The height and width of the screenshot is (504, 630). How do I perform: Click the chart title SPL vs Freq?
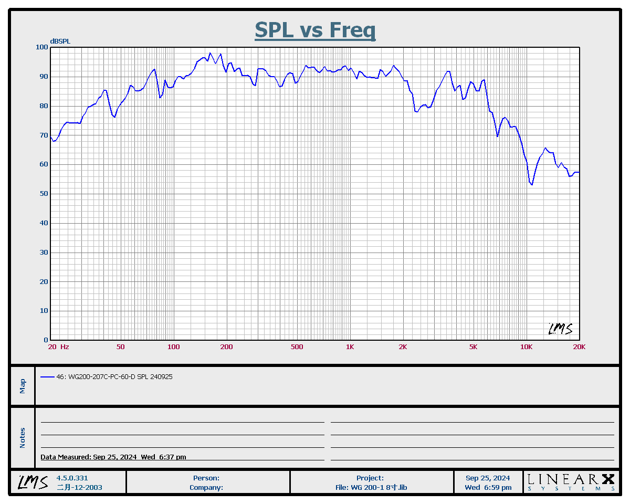pos(315,30)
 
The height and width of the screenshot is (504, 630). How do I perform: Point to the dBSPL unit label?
pos(60,41)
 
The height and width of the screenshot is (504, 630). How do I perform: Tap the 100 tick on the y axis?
pos(41,47)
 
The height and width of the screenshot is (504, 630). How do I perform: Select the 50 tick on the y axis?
pos(44,194)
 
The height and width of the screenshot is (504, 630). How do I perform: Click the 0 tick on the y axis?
pos(46,340)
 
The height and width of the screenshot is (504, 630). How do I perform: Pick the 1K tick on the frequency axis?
pos(350,347)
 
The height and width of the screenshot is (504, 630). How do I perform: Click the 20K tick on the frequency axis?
pos(579,347)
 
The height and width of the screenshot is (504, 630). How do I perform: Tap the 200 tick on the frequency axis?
pos(226,347)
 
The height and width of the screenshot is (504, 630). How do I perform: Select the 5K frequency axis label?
pos(473,347)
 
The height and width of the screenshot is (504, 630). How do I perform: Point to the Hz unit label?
pos(65,347)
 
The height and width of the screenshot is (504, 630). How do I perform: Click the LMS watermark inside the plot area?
pos(560,329)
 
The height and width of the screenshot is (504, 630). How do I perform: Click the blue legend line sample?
pos(47,377)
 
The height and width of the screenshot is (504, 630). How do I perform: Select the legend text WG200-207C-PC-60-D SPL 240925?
pos(114,377)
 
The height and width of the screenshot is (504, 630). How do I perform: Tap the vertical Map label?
pos(23,386)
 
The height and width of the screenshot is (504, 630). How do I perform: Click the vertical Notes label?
pos(23,438)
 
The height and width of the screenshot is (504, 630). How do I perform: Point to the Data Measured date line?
pos(113,457)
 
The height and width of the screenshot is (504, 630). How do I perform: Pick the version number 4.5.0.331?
pos(72,478)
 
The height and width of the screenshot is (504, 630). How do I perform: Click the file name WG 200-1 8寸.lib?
pos(371,487)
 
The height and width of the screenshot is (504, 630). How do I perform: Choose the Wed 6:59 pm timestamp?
pos(488,487)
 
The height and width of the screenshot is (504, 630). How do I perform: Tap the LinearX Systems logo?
pos(571,482)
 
